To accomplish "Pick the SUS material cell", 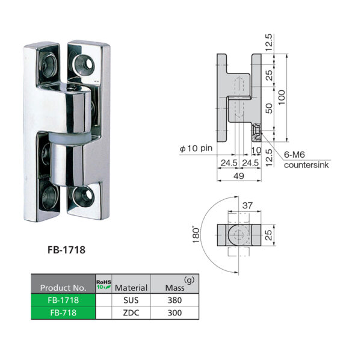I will tap(131, 299).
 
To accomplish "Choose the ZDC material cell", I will tap(131, 312).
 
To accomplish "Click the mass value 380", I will tap(174, 299).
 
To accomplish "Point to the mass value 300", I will tap(174, 312).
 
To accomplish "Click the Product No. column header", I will tap(63, 287).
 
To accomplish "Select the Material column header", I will tap(131, 287).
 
